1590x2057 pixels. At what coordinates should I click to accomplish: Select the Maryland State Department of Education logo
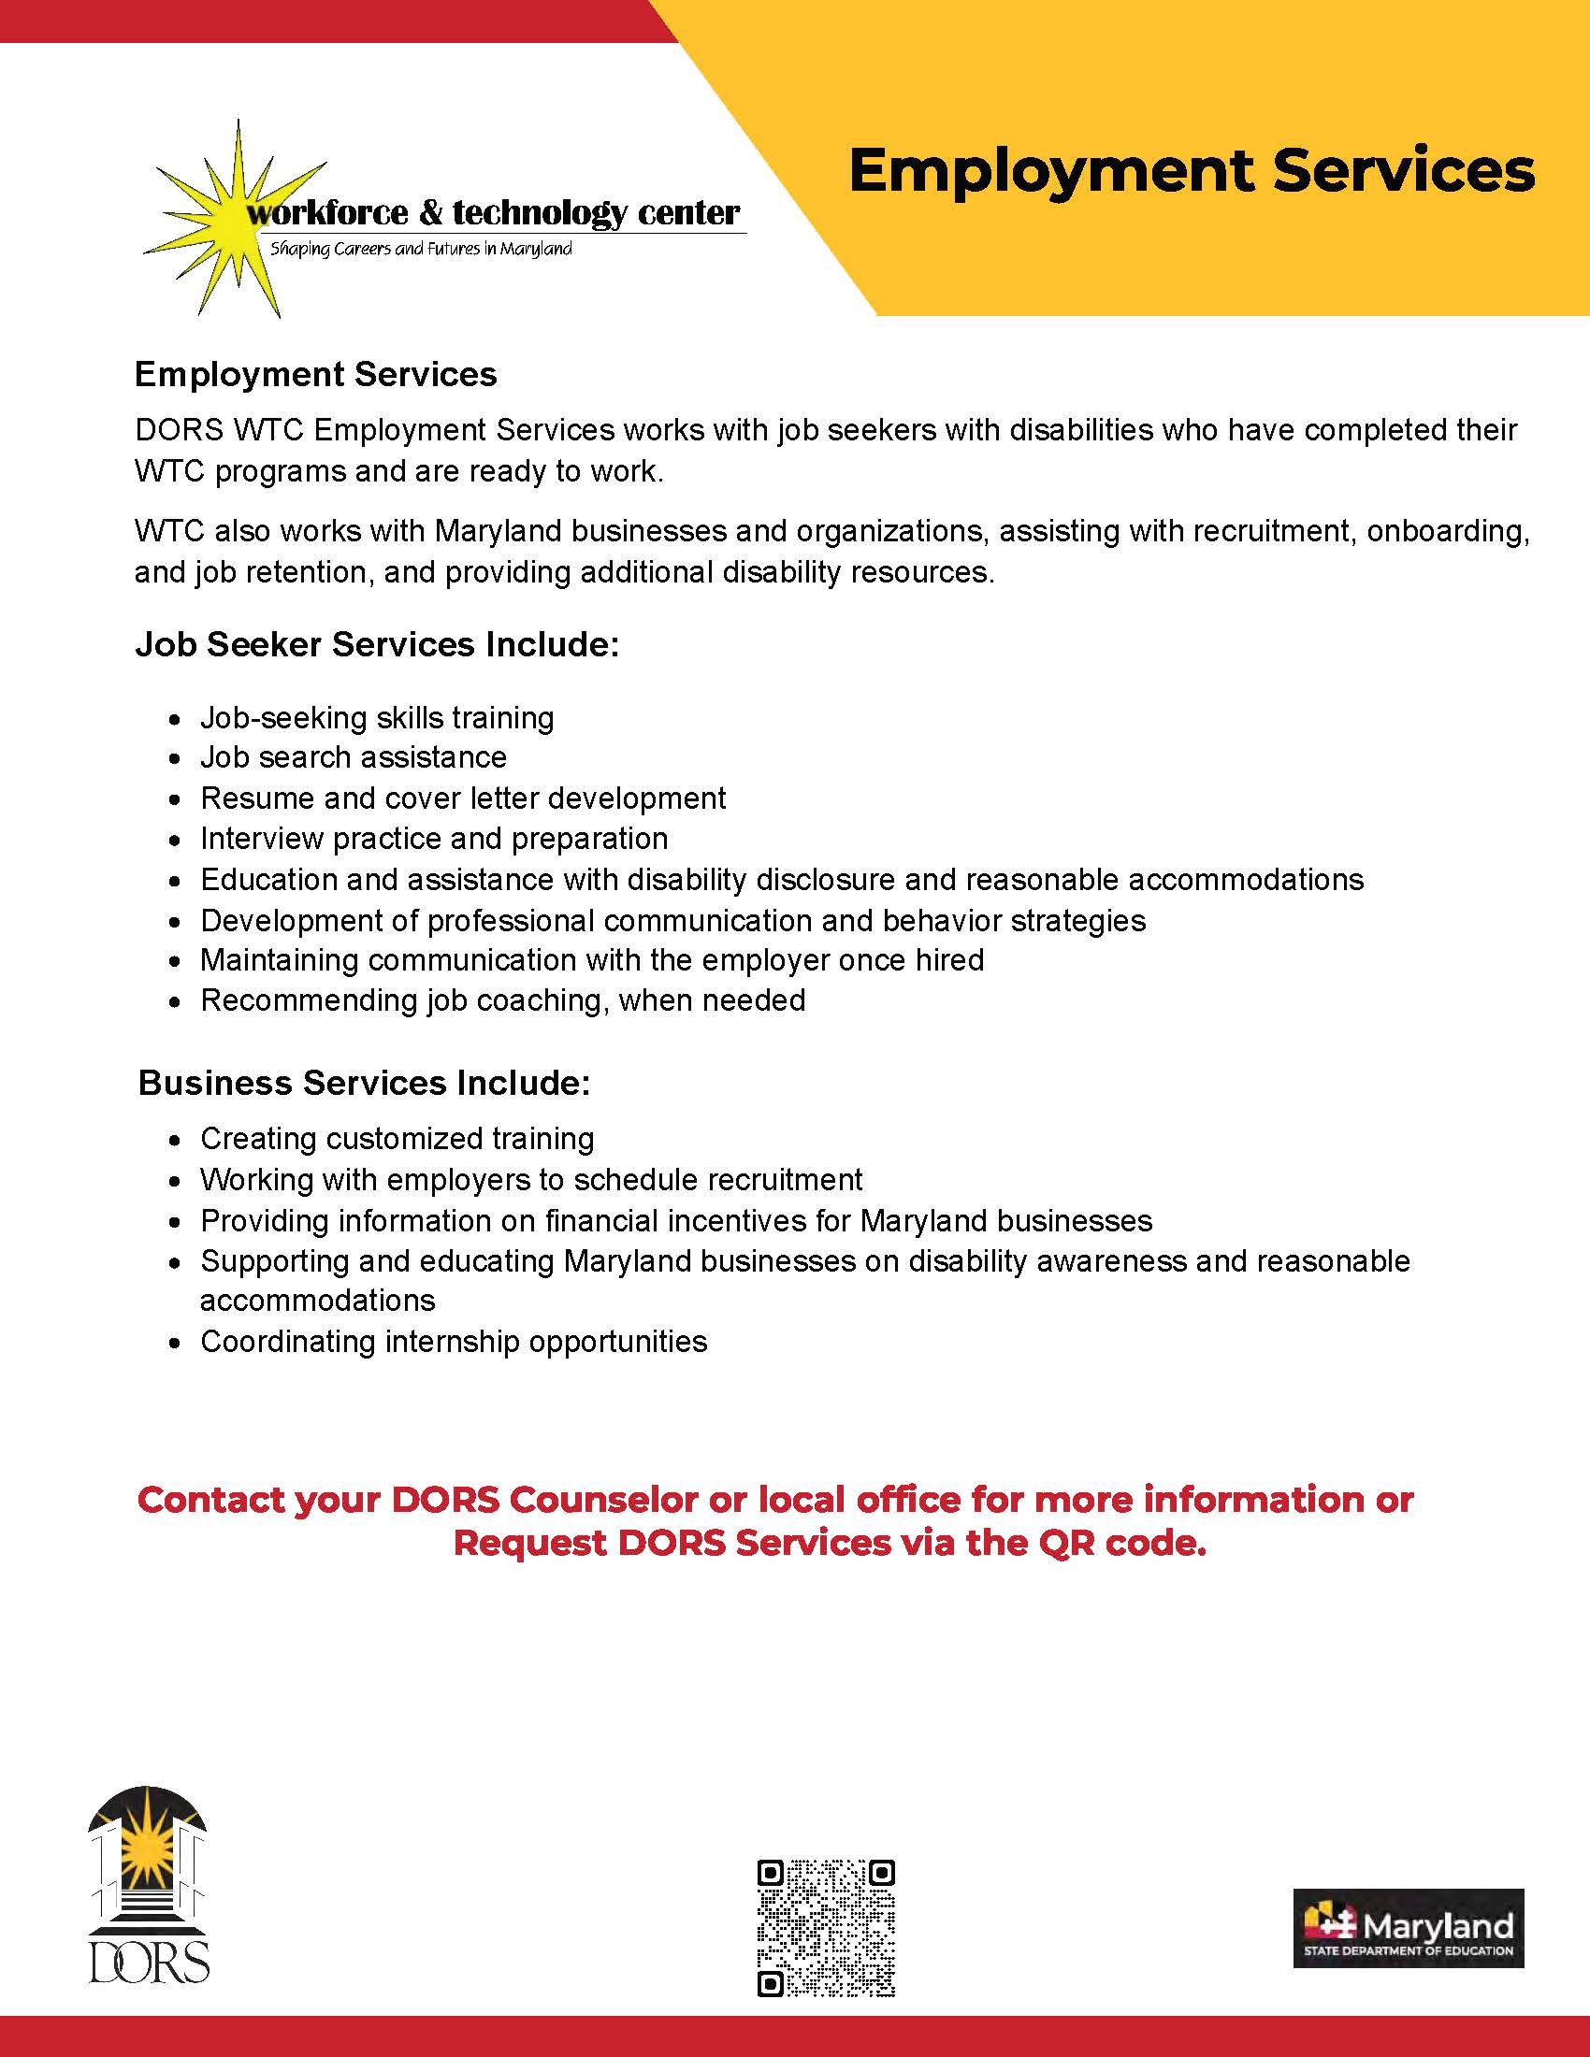1408,1928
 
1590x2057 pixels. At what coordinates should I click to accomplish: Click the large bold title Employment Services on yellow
1191,171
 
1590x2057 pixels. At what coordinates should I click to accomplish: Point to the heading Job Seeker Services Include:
377,644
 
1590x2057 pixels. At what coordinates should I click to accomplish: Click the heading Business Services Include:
364,1083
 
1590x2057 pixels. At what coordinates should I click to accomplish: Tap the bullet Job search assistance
354,757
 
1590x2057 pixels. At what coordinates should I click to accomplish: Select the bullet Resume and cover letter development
462,798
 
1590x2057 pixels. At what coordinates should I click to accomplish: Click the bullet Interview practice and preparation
433,839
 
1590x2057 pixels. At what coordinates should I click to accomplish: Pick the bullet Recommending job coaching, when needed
502,1000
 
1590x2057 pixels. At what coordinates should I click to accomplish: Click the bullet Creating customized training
397,1139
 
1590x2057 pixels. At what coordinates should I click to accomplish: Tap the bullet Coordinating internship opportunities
453,1341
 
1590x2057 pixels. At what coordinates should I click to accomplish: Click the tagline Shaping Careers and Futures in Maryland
421,250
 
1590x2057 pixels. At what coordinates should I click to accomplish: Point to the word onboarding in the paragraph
1447,531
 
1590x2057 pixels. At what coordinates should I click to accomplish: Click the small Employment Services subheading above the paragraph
315,375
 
